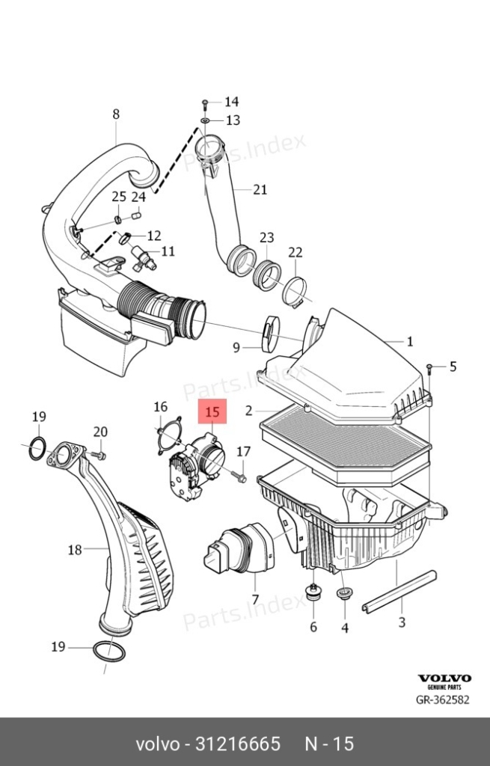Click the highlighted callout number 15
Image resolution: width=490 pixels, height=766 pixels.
click(x=212, y=412)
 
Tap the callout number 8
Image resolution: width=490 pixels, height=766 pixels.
click(x=116, y=114)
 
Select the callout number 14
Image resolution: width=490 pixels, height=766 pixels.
click(x=232, y=102)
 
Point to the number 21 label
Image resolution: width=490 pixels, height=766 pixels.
click(x=260, y=189)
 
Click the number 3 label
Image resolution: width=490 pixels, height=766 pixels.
click(x=402, y=622)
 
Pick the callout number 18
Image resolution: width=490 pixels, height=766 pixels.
click(x=75, y=550)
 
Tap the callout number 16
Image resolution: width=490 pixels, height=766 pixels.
click(x=160, y=406)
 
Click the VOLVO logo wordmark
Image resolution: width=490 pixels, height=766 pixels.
click(x=444, y=678)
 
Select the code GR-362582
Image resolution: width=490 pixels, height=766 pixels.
click(x=443, y=699)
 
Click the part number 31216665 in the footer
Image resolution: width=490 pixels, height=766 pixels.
click(x=238, y=744)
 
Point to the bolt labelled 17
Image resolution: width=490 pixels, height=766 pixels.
click(x=239, y=476)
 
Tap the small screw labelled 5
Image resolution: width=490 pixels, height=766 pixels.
click(x=429, y=368)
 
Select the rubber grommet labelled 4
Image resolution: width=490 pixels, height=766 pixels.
click(x=344, y=593)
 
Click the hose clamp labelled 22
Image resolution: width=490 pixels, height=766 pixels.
click(x=295, y=292)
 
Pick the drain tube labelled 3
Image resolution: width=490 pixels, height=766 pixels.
click(x=399, y=592)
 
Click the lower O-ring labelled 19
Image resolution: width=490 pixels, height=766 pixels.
click(x=108, y=652)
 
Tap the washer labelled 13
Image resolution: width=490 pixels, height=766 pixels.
click(x=205, y=120)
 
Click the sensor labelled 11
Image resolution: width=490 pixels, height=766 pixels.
click(x=143, y=258)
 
